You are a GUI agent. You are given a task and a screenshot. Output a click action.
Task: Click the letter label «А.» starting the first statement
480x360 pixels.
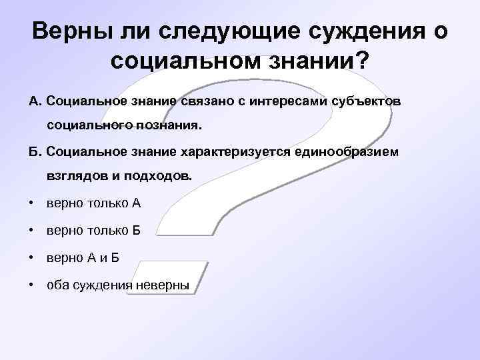point(35,101)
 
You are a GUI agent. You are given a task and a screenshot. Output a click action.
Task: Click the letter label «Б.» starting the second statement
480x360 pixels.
point(35,152)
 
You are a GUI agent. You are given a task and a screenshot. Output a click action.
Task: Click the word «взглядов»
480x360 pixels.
point(73,177)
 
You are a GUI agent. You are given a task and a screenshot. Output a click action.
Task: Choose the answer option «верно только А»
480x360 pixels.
point(93,204)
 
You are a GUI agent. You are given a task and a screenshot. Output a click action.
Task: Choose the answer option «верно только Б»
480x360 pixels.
point(93,231)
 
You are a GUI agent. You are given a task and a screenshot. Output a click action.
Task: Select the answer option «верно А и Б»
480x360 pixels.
point(83,259)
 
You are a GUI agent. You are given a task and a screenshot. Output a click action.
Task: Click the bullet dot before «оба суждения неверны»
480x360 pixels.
point(31,286)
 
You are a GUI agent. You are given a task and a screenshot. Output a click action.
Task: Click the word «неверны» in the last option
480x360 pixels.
point(163,286)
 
